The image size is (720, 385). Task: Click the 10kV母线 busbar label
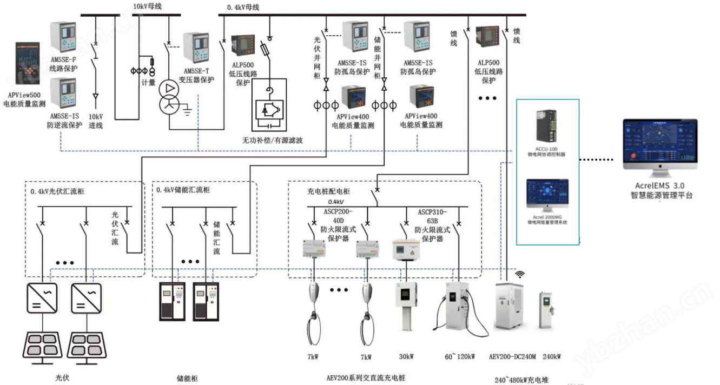147,6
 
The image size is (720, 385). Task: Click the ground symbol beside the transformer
187,112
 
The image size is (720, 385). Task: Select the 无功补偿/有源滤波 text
272,140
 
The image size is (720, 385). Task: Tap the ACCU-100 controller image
546,128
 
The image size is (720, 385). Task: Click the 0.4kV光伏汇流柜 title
57,191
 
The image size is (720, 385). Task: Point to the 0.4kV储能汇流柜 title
183,190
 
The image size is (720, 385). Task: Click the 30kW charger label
406,357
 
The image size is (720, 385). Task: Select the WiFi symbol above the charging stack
520,274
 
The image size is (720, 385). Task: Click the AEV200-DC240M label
512,357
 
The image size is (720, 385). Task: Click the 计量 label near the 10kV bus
148,83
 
